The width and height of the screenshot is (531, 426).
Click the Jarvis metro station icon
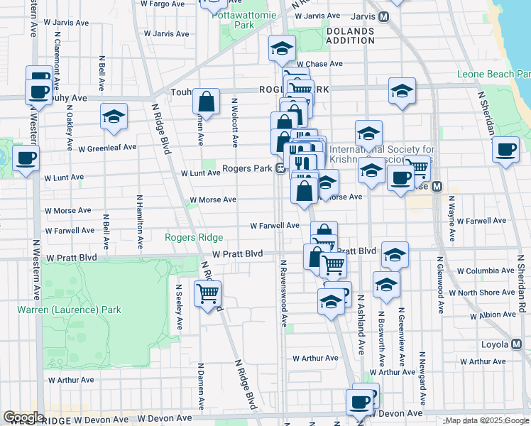383,16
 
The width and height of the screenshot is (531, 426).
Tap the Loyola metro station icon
517,344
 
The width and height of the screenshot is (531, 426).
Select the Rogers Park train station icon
281,169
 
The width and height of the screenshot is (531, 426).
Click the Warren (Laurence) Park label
70,310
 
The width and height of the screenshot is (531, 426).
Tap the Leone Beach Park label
494,74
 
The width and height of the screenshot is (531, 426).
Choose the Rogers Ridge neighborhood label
194,237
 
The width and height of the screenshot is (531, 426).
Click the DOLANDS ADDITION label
350,35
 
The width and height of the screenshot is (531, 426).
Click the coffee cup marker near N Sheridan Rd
505,150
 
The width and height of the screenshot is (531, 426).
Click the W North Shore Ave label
486,293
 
